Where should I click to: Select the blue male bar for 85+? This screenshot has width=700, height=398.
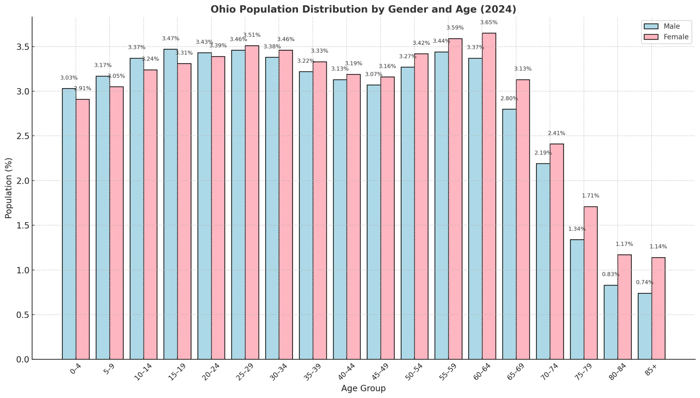point(645,326)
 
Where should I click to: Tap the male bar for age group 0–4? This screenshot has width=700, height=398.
point(69,224)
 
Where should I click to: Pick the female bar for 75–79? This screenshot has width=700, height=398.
point(591,283)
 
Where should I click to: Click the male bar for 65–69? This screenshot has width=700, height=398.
point(509,234)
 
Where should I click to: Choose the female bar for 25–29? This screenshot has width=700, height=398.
point(252,202)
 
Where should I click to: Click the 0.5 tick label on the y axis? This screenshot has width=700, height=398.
point(23,315)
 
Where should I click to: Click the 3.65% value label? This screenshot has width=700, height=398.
point(489,23)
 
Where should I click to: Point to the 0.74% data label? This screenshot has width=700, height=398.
point(644,282)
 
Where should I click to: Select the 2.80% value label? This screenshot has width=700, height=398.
point(509,98)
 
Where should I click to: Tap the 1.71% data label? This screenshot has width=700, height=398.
point(590,196)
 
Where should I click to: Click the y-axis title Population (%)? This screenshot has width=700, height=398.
point(9,188)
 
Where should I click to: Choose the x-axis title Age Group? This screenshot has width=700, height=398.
point(363,388)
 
